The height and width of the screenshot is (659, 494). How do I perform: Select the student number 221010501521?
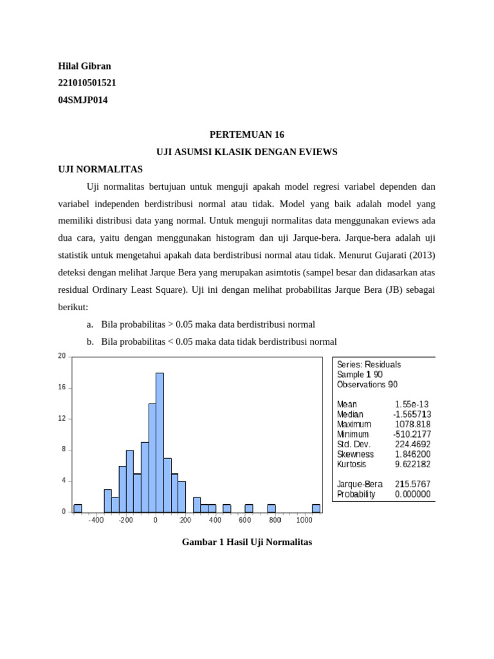[x=87, y=83]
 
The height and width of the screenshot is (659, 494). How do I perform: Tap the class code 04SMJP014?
[x=83, y=100]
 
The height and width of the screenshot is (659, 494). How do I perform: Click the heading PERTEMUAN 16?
[x=247, y=135]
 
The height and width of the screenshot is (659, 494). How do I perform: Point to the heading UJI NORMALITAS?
[x=100, y=169]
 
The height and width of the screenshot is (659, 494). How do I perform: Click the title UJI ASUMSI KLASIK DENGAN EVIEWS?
[x=247, y=152]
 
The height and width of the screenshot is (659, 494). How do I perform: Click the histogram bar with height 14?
[x=152, y=458]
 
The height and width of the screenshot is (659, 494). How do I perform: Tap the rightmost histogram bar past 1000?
[x=316, y=508]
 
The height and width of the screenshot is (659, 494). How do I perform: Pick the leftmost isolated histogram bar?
[x=78, y=508]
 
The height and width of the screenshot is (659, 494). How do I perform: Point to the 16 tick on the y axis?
[x=62, y=388]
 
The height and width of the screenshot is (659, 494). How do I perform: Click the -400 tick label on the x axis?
[x=96, y=520]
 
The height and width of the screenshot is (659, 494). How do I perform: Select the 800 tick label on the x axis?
[x=275, y=520]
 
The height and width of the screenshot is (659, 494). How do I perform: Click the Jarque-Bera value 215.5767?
[x=412, y=484]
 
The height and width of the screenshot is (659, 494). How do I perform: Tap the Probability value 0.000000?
[x=412, y=494]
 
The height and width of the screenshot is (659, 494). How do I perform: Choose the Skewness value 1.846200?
[x=412, y=454]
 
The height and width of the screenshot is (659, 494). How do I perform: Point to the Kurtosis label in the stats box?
[x=351, y=464]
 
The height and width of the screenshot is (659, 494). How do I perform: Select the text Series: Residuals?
[x=369, y=364]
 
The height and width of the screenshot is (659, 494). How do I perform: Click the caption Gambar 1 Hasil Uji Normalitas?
[x=247, y=543]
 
